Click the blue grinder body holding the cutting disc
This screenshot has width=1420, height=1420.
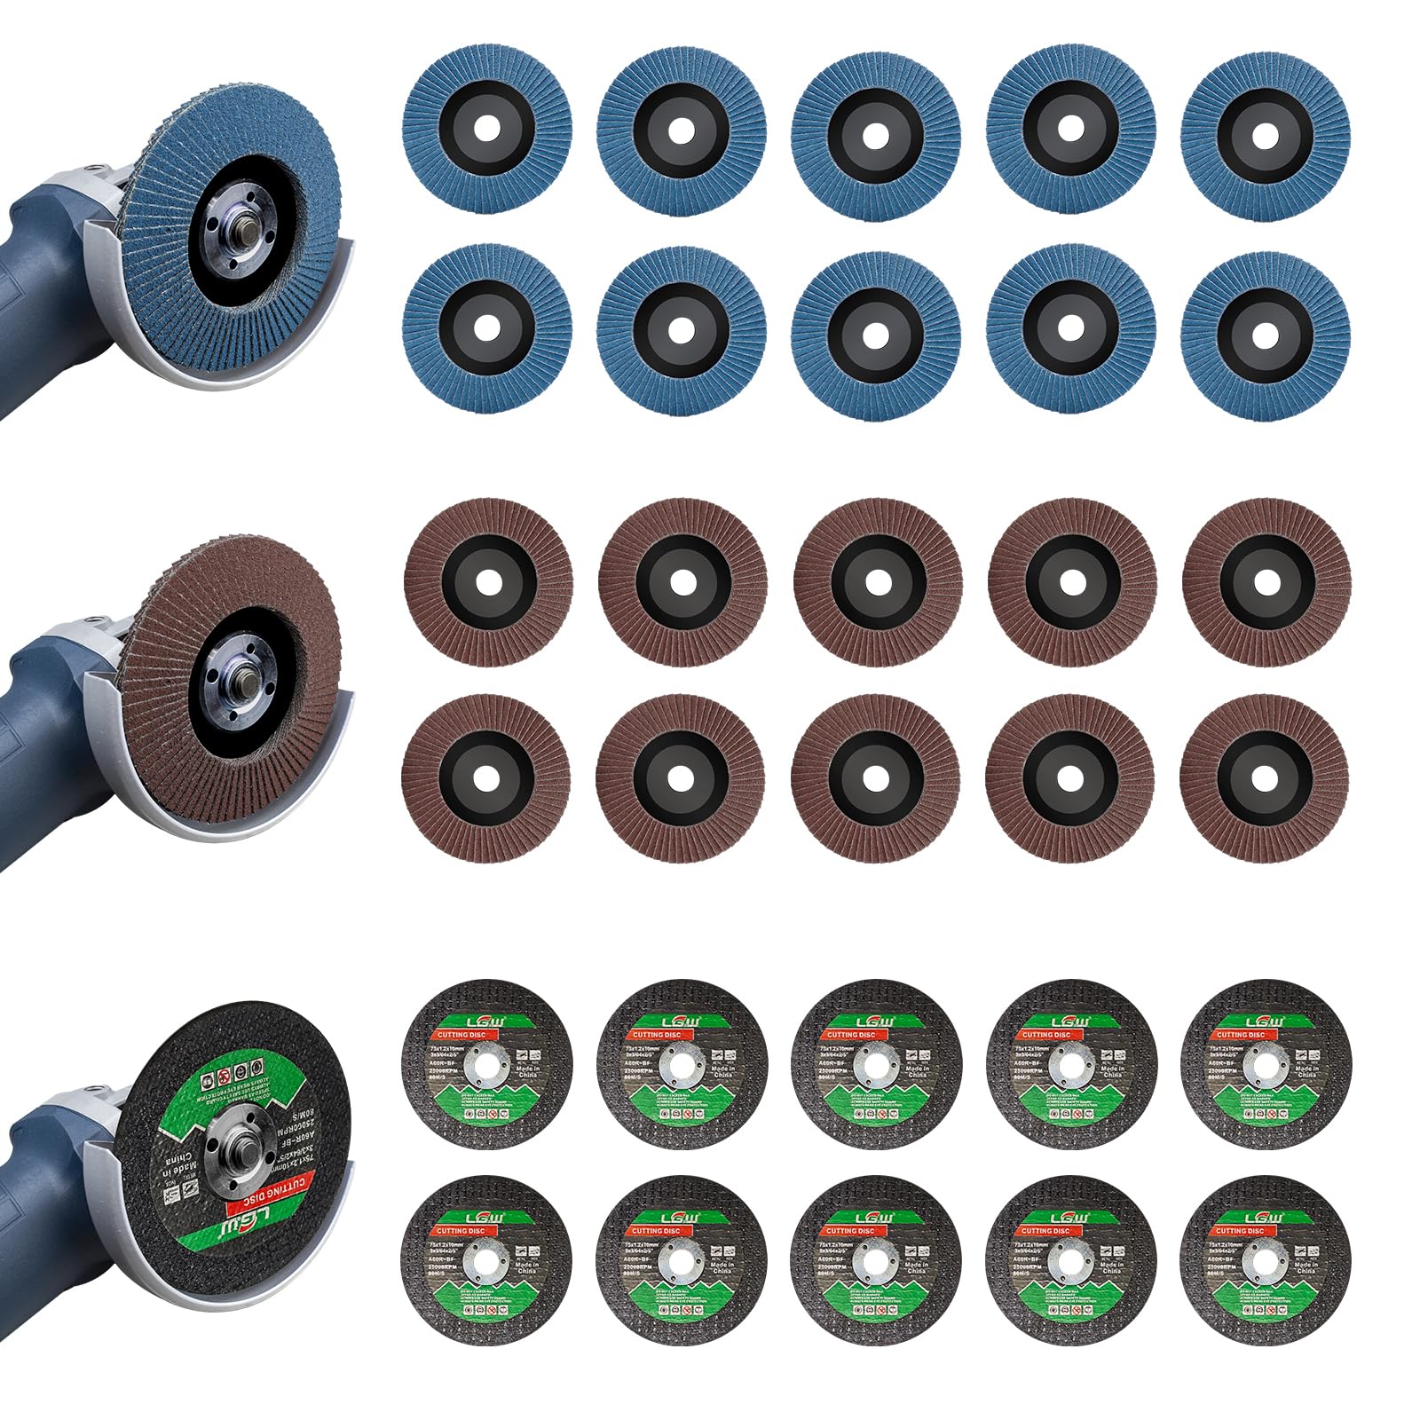coord(44,1171)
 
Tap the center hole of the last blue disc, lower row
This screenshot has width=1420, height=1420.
coord(1266,327)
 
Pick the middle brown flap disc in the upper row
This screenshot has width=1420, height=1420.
coord(877,582)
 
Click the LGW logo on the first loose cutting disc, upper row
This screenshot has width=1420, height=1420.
coord(485,1021)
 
